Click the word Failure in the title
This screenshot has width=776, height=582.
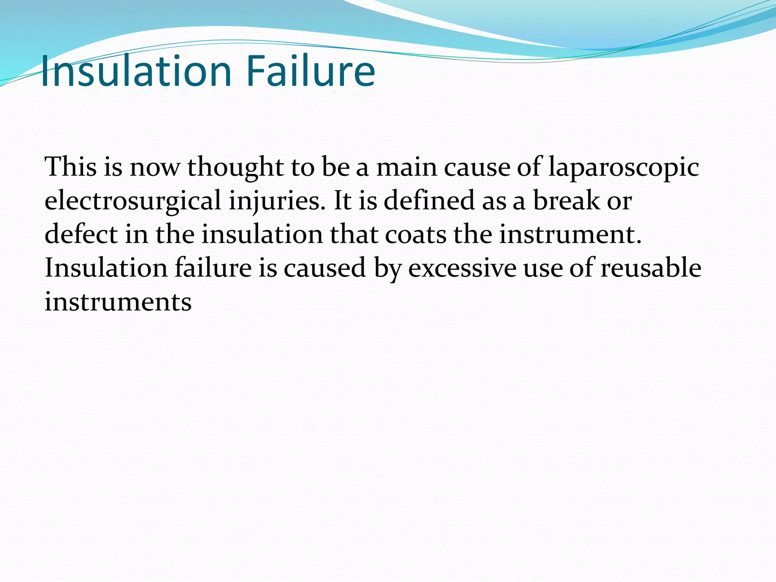click(x=310, y=71)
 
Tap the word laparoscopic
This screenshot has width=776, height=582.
click(x=623, y=167)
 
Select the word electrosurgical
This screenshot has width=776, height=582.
click(x=133, y=201)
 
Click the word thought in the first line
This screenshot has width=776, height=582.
click(x=235, y=167)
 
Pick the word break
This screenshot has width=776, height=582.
click(x=566, y=201)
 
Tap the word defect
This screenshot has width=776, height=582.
click(x=81, y=234)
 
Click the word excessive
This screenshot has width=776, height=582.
click(x=462, y=268)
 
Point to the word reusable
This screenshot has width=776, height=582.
click(x=651, y=268)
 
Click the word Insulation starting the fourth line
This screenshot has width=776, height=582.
click(x=106, y=268)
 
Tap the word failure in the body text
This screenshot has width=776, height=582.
click(x=213, y=268)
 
